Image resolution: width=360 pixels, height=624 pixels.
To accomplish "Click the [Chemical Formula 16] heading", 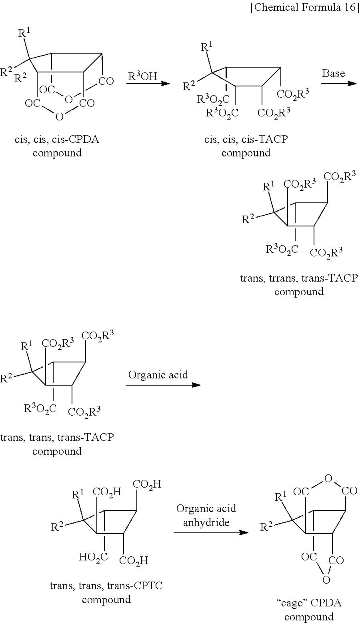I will point(304,8).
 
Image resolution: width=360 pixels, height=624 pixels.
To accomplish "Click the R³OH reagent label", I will point(143,76).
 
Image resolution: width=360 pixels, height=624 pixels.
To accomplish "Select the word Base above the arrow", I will point(334,74).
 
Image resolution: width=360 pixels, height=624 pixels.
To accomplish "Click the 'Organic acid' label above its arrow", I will point(158,375).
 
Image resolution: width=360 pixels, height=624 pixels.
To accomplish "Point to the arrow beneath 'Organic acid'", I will point(163,385).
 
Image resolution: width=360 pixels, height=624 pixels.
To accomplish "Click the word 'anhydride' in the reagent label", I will point(206,522).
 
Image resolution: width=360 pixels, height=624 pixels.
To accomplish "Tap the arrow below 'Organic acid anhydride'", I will point(210,532).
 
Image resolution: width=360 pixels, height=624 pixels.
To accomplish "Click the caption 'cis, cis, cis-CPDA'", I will point(57,140).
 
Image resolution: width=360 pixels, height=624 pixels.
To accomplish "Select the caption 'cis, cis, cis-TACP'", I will point(246,140).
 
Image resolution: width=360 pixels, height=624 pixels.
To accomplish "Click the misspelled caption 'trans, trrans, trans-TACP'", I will point(298,278).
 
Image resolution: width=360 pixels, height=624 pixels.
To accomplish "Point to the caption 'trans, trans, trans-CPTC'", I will point(106,586).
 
